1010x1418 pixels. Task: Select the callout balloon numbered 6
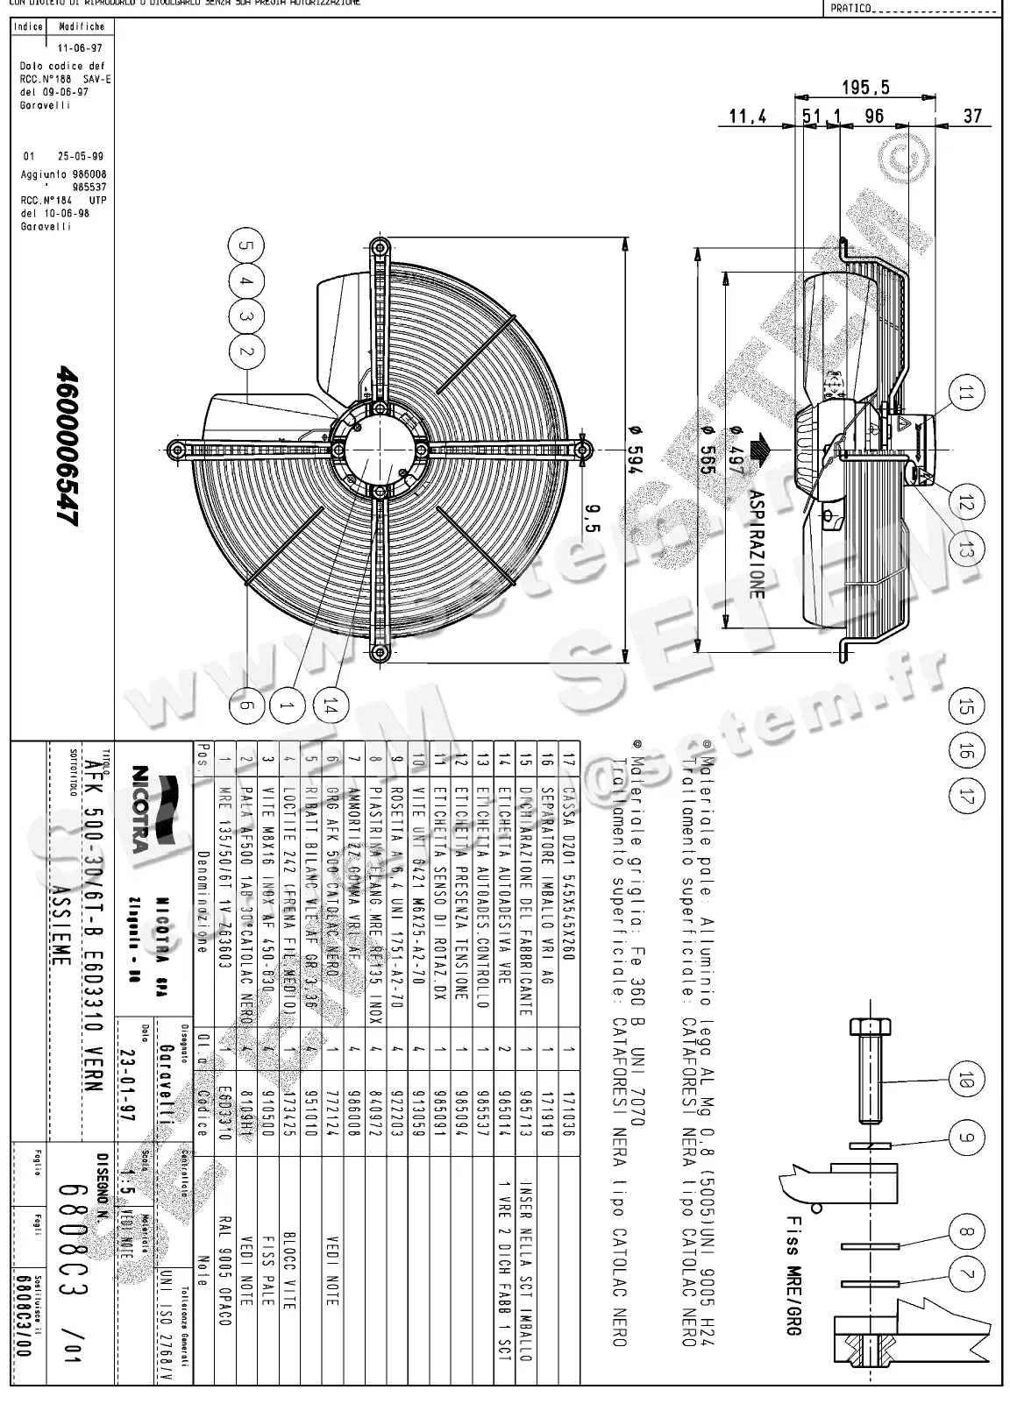tap(247, 704)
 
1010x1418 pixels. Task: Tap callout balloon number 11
tap(965, 393)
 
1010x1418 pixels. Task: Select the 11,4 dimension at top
tap(747, 117)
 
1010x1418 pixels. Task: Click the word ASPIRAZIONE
tap(757, 544)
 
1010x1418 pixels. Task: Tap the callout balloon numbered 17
tap(965, 798)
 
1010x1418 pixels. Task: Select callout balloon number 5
tap(247, 247)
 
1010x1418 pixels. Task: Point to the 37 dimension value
tap(972, 117)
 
